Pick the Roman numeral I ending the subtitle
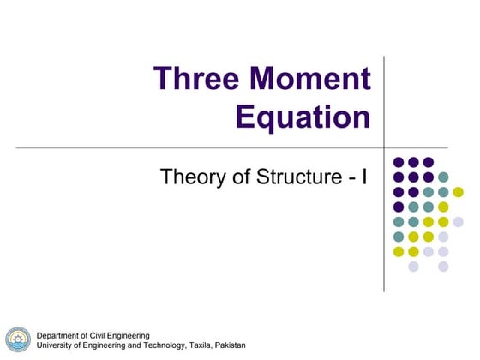click(x=365, y=178)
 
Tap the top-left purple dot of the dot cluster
click(x=399, y=161)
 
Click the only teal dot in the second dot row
click(x=443, y=177)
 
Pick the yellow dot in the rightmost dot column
click(x=458, y=191)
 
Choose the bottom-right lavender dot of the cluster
click(x=443, y=267)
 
